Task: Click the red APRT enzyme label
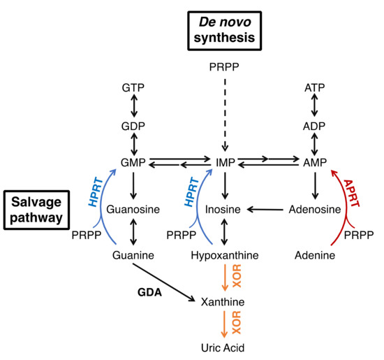(x=354, y=195)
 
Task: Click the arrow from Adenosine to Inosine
(x=265, y=209)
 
